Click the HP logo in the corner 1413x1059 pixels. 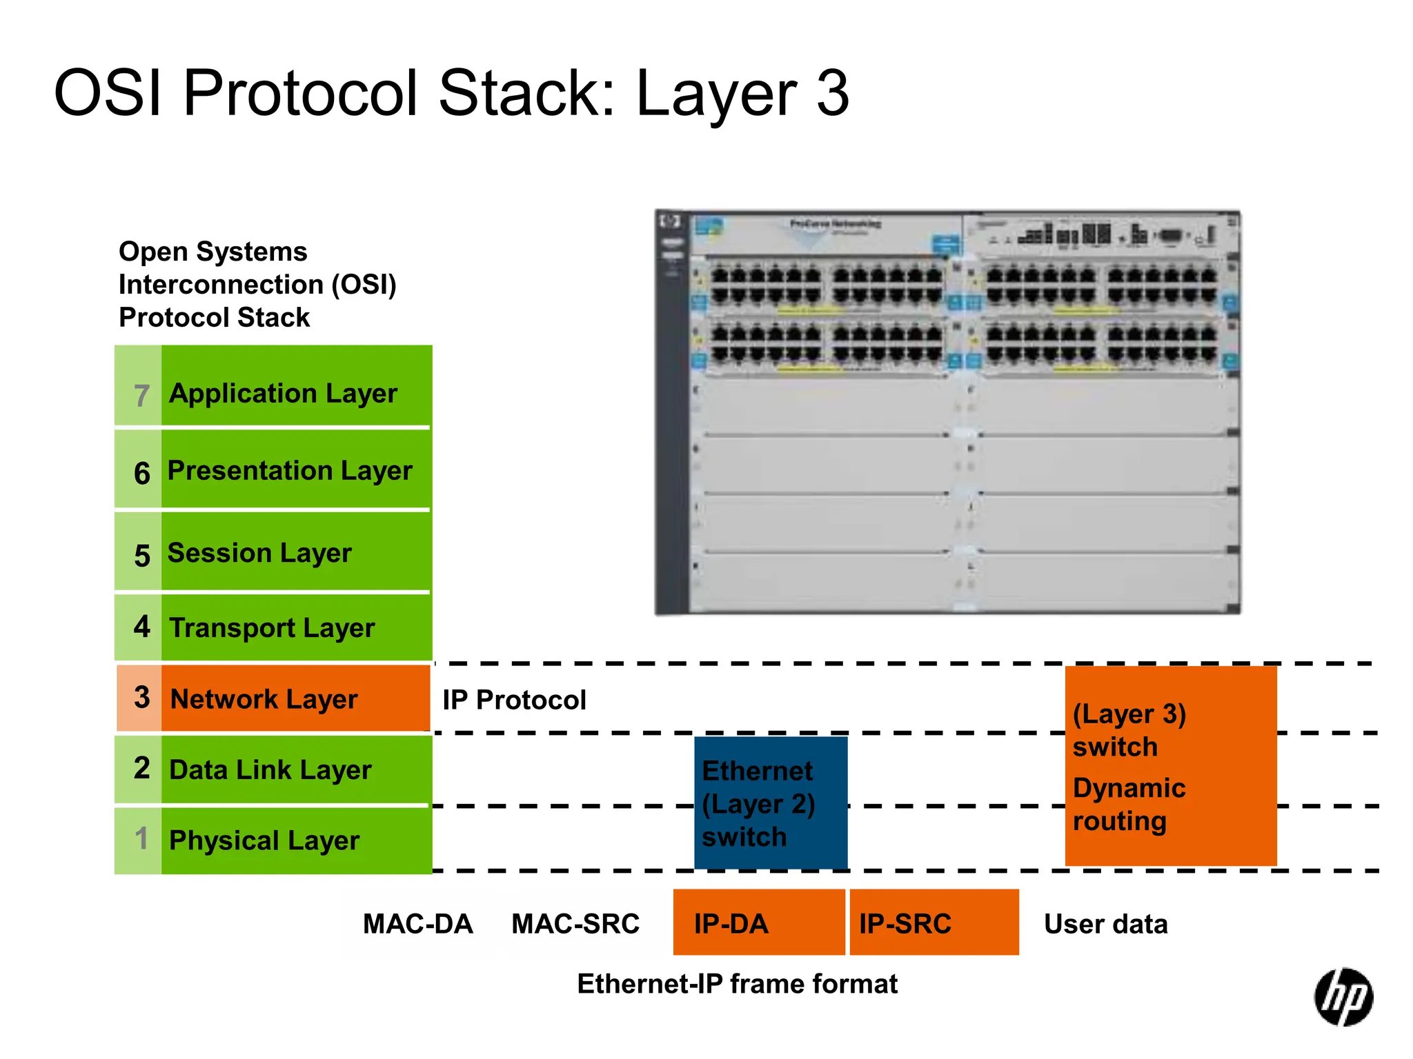pyautogui.click(x=1343, y=997)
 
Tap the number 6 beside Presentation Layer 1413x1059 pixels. pyautogui.click(x=141, y=473)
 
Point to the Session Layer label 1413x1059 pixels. pyautogui.click(x=259, y=553)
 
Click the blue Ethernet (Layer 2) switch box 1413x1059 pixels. pyautogui.click(x=770, y=803)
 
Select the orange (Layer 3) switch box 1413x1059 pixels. pyautogui.click(x=1170, y=766)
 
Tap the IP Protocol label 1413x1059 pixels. pyautogui.click(x=514, y=700)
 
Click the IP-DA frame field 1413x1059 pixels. pyautogui.click(x=758, y=923)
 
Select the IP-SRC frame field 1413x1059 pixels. pyautogui.click(x=933, y=923)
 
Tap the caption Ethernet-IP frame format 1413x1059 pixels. pyautogui.click(x=737, y=984)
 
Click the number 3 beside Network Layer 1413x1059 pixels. pyautogui.click(x=141, y=698)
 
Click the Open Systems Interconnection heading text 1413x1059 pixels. pyautogui.click(x=257, y=284)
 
